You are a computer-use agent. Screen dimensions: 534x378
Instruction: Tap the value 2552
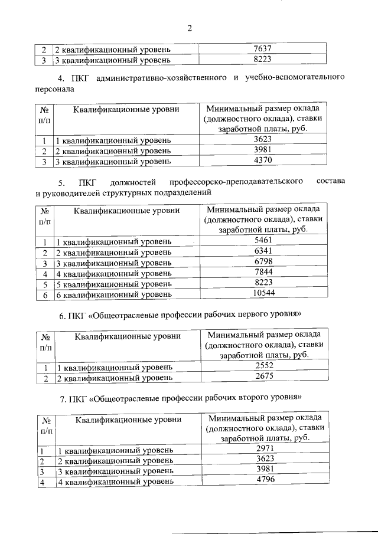tap(265, 366)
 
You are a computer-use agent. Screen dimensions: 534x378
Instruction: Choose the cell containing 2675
tap(265, 377)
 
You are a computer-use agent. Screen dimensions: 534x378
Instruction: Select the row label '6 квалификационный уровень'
tap(113, 294)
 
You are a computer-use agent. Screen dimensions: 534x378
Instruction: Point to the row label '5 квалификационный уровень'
tap(113, 284)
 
